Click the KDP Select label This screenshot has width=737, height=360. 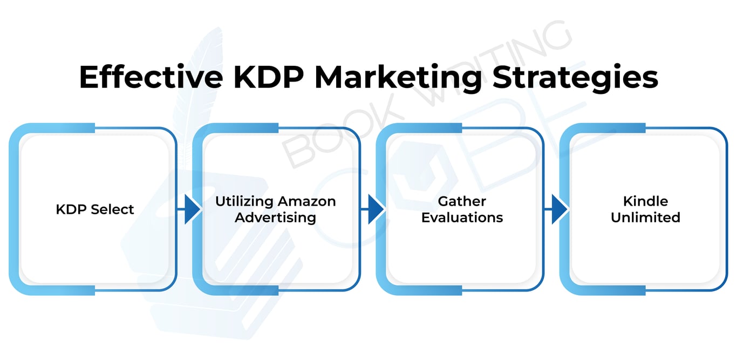click(95, 209)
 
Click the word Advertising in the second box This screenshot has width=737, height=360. click(275, 218)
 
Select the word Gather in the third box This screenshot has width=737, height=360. click(462, 201)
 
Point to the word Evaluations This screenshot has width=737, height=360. click(462, 218)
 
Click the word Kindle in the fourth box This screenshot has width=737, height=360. click(645, 201)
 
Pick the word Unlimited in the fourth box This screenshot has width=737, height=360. click(645, 218)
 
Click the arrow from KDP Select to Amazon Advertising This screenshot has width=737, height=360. click(190, 209)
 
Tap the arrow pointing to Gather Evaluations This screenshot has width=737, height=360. click(374, 209)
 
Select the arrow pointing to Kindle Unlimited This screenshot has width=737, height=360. click(557, 209)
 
